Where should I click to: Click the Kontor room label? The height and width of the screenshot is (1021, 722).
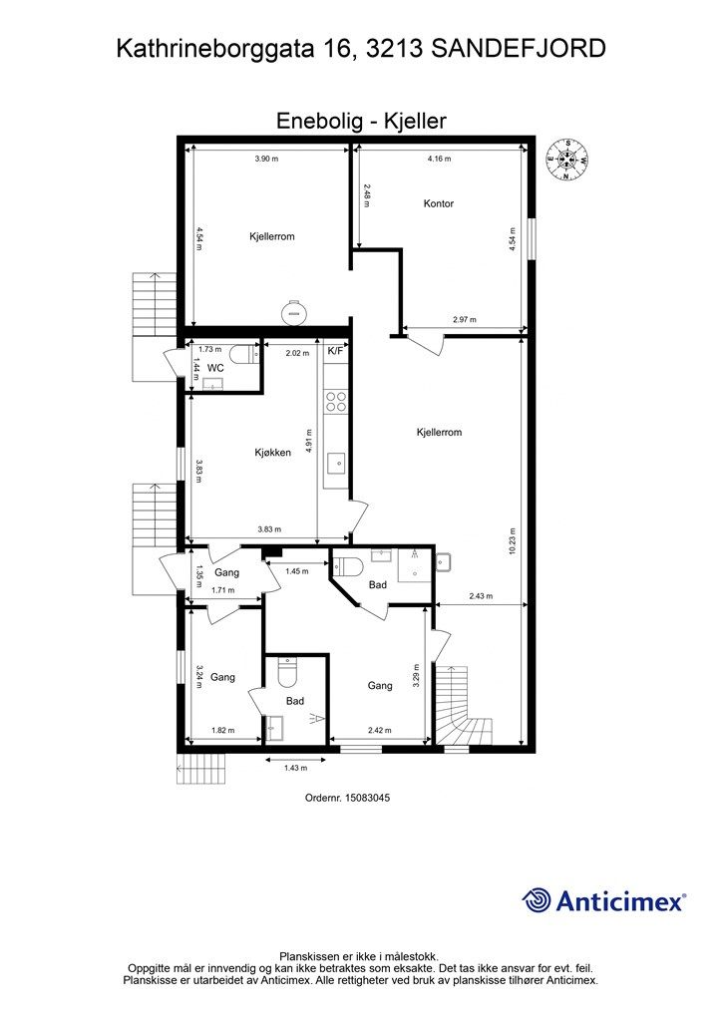point(438,203)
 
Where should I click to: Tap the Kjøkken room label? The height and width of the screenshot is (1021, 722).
point(273,452)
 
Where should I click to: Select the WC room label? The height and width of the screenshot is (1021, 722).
point(215,368)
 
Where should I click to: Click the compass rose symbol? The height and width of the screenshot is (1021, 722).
point(568,160)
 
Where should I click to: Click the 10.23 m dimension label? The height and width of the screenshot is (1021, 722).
point(513,540)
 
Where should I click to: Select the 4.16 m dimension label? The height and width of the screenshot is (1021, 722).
point(439,159)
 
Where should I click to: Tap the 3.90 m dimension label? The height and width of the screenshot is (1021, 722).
point(266,159)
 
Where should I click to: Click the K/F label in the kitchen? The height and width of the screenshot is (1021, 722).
point(335,351)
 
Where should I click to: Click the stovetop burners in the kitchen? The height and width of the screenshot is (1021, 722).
point(336,401)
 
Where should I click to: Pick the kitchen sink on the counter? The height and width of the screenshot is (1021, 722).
point(337,464)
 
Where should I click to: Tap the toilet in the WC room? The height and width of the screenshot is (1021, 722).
point(246,355)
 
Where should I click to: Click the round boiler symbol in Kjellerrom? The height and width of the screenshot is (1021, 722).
point(291,311)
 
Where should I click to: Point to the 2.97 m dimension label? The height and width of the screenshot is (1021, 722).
point(464,320)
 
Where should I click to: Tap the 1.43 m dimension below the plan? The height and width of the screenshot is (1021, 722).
point(295,768)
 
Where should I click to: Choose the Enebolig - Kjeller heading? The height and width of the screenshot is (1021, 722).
point(361,121)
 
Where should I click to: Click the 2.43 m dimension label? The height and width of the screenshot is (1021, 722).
point(481,596)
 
